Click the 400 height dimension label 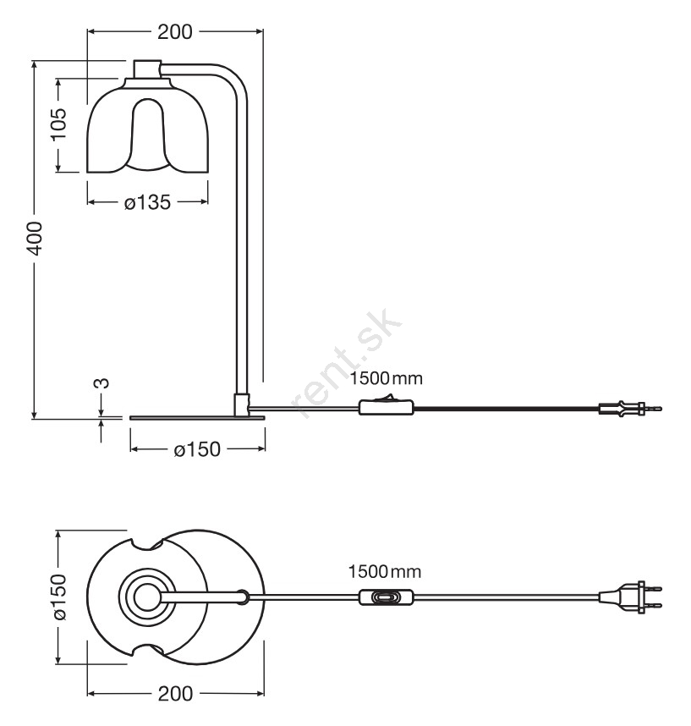point(33,239)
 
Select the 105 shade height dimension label point(58,126)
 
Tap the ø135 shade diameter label point(147,202)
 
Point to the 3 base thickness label point(101,384)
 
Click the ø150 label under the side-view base point(196,449)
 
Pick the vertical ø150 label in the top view point(58,597)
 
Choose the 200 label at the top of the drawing point(174,32)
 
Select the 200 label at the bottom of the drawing point(174,694)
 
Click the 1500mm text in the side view point(386,378)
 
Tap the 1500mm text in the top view point(385,572)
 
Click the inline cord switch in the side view point(387,408)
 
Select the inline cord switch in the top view point(387,597)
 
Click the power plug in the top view point(630,597)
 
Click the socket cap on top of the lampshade point(147,69)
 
